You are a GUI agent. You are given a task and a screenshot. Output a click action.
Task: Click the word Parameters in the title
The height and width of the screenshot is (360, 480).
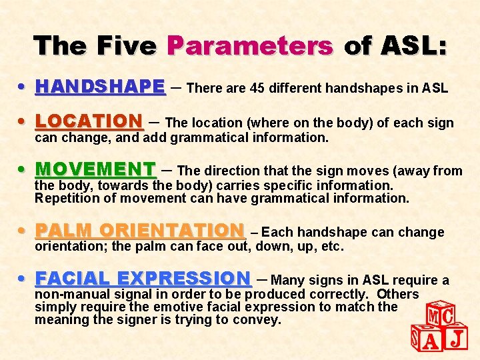pos(250,46)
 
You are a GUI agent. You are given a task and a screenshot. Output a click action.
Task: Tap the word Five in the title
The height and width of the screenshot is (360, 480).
pos(127,46)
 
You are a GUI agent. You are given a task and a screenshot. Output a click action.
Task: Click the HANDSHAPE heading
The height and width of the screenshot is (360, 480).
pos(100,87)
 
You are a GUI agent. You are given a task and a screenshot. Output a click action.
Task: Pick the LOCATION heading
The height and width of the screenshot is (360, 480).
pos(89,122)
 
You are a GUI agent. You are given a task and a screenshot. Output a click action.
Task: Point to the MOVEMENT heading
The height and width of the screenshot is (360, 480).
pos(95,169)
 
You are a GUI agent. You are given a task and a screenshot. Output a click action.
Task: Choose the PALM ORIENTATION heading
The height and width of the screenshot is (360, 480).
pos(140,231)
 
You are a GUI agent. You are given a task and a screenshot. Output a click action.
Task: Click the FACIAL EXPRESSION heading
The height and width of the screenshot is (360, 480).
pos(143,278)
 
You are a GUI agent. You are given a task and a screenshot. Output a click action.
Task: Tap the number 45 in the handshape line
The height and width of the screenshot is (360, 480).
pos(257,88)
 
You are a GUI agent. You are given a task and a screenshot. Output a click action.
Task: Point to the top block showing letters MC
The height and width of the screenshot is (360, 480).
pos(440,314)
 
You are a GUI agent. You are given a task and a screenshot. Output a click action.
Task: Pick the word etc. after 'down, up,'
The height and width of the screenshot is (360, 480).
pos(331,247)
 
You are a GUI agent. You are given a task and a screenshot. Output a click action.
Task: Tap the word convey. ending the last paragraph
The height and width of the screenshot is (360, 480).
pos(258,320)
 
